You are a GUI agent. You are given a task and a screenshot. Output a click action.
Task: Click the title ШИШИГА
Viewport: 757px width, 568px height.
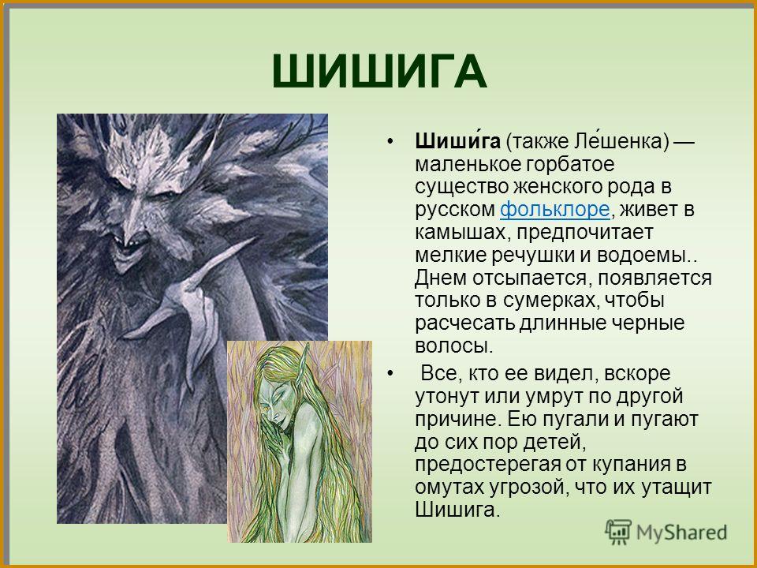(379, 72)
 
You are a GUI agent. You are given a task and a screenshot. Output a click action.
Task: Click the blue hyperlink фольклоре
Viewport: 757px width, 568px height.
(554, 210)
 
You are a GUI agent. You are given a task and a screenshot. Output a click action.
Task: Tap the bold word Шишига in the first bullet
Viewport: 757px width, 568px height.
(457, 141)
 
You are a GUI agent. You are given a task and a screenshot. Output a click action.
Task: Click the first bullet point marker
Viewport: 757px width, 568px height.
(390, 141)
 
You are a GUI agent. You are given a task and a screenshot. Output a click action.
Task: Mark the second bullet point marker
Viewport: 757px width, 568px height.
(390, 374)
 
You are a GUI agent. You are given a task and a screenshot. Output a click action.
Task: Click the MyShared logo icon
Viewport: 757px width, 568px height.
(619, 532)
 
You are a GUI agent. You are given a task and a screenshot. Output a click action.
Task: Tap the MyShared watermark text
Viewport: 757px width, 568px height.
(681, 532)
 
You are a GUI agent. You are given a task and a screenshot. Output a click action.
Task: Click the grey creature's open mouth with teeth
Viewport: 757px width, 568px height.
(129, 245)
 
